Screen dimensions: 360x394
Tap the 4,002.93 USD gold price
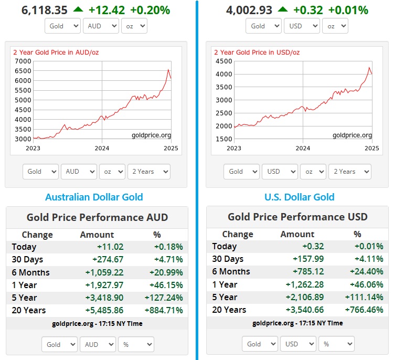(247, 10)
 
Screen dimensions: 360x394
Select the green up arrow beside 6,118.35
(78, 9)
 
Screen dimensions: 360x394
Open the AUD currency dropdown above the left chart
(100, 26)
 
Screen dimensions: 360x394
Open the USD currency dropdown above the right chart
(301, 26)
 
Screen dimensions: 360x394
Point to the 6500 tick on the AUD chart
(23, 61)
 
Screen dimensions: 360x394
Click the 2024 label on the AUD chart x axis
(102, 148)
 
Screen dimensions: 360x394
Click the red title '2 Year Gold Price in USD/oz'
(256, 52)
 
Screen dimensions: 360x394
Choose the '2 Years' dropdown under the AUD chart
(149, 171)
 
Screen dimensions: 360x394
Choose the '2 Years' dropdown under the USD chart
(350, 171)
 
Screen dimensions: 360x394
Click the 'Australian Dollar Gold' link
(94, 197)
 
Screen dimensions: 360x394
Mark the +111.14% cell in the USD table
(366, 297)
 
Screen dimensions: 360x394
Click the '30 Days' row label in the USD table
(228, 259)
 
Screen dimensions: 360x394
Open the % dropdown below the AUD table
(135, 344)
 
